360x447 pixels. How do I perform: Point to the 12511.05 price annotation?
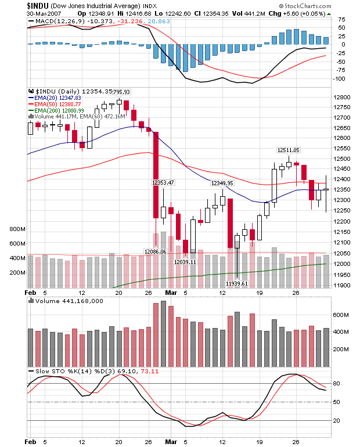pyautogui.click(x=289, y=150)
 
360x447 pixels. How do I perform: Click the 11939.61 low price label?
pyautogui.click(x=237, y=283)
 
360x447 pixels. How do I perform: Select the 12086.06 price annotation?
pyautogui.click(x=155, y=251)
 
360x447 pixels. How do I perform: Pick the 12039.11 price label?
pyautogui.click(x=185, y=262)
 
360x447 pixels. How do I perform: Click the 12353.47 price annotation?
pyautogui.click(x=163, y=182)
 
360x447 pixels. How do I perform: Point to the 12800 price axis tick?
pyautogui.click(x=343, y=97)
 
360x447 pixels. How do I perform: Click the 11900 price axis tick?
pyautogui.click(x=343, y=284)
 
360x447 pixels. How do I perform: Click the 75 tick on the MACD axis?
pyautogui.click(x=341, y=19)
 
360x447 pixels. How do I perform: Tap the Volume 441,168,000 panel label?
pyautogui.click(x=69, y=301)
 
